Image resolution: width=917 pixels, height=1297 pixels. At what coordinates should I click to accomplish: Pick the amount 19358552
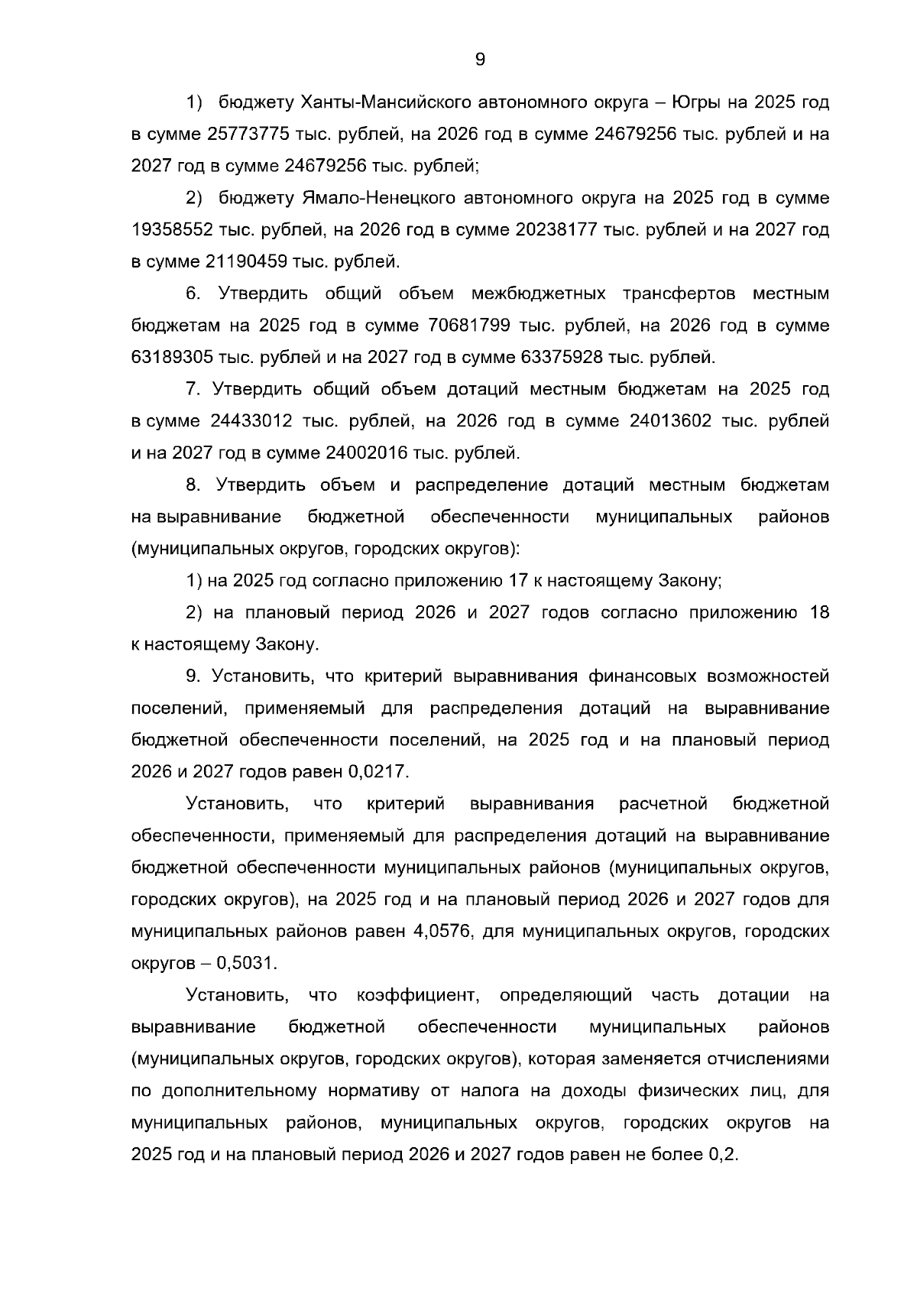click(x=171, y=230)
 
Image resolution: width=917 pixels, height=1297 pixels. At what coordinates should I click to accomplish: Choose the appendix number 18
click(x=819, y=613)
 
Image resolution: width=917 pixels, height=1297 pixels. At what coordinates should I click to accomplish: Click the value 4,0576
click(x=447, y=932)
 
